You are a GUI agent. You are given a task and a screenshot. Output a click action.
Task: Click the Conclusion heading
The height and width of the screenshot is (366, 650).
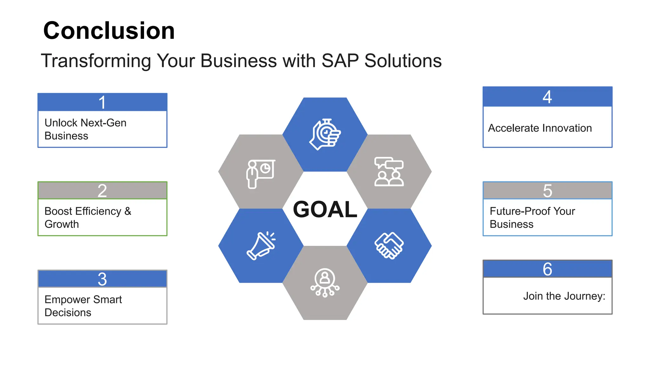(109, 30)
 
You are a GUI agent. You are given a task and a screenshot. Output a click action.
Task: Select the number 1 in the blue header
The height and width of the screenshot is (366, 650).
(102, 102)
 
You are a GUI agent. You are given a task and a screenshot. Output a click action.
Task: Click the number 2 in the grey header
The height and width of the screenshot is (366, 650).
(102, 191)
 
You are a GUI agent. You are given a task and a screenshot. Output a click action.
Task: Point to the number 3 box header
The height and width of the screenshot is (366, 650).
(102, 279)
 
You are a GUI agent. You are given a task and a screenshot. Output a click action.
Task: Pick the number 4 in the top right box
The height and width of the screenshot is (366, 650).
(547, 97)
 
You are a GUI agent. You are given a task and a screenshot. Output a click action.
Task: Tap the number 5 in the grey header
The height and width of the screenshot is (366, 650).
(547, 191)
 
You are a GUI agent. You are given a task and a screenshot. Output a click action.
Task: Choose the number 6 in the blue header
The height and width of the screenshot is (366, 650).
(547, 269)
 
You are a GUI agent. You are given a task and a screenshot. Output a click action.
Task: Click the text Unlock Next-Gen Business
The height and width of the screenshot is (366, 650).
(85, 129)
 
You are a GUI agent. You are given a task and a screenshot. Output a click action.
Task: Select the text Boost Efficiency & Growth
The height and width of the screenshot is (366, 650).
(88, 217)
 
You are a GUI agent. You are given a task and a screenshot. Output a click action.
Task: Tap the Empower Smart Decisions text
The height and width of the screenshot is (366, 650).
(83, 306)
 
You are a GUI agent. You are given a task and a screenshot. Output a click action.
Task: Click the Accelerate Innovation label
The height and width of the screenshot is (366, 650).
(540, 128)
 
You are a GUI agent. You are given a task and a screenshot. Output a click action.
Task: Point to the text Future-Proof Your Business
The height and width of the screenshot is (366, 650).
(532, 217)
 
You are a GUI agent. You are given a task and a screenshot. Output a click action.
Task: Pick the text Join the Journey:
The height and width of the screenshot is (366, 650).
(564, 296)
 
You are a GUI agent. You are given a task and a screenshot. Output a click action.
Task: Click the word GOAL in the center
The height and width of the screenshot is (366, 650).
(325, 209)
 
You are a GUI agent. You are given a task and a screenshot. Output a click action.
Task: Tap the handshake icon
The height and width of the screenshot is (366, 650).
(389, 246)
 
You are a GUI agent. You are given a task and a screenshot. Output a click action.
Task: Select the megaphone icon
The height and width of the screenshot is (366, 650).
(261, 246)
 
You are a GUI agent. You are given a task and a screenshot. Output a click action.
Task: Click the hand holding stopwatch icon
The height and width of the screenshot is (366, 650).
(325, 134)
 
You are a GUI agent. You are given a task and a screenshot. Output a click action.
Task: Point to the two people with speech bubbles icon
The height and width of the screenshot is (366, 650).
(389, 172)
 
